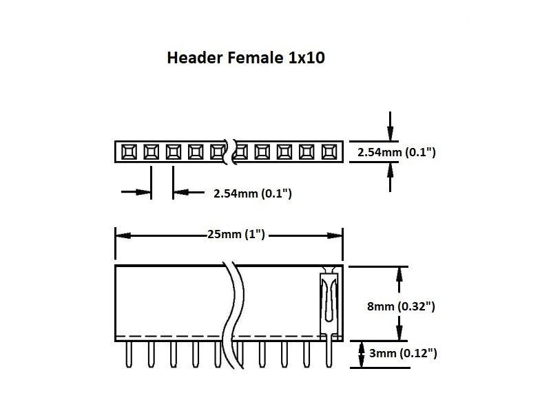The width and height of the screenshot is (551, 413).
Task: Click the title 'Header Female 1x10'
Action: click(x=246, y=59)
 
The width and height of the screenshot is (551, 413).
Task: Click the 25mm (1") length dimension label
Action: click(x=236, y=235)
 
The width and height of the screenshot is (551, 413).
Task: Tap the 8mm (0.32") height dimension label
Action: click(x=402, y=306)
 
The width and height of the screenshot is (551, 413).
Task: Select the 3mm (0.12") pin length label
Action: click(x=403, y=354)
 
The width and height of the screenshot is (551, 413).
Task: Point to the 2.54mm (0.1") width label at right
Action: click(x=397, y=151)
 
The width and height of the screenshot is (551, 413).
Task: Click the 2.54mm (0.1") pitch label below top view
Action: click(x=253, y=193)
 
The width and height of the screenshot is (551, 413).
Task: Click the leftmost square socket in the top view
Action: click(x=129, y=151)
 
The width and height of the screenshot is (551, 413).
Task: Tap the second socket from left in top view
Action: click(x=151, y=151)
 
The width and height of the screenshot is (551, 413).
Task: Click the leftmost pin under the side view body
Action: click(x=129, y=354)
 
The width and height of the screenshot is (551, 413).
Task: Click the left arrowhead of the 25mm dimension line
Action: click(x=121, y=235)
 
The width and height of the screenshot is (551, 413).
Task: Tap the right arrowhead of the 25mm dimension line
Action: click(x=337, y=235)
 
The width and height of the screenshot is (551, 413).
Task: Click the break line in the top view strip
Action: click(x=229, y=151)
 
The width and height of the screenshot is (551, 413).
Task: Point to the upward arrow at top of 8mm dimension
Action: click(x=397, y=273)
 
